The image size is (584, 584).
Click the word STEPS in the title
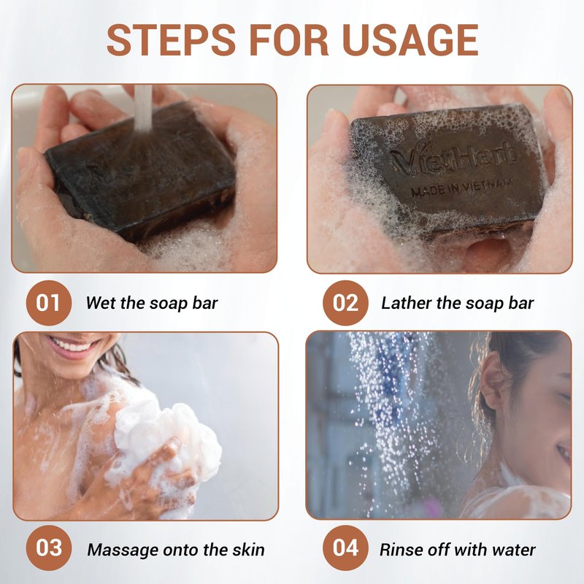point(172,40)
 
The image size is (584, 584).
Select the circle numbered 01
point(48,303)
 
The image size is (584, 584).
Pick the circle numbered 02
point(345,303)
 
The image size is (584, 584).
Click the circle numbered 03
point(48,547)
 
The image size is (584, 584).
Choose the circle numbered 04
point(345,547)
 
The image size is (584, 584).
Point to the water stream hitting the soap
point(143,108)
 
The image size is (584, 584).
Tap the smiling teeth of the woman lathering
point(72,345)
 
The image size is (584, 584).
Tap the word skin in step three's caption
point(249,550)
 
